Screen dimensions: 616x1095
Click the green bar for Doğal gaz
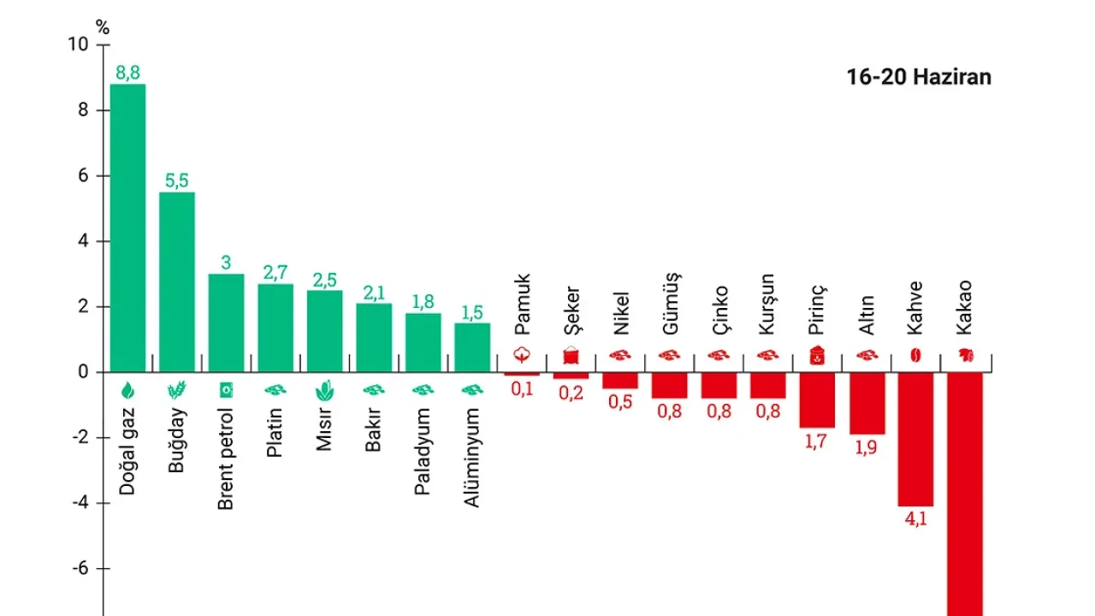[x=127, y=228]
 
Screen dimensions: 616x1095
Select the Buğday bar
[x=177, y=282]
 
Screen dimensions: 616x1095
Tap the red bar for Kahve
[x=915, y=439]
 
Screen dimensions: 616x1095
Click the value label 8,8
[x=127, y=73]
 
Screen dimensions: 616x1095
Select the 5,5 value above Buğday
[x=177, y=181]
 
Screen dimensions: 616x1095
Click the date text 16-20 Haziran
[x=919, y=77]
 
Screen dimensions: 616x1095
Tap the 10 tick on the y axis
[x=78, y=44]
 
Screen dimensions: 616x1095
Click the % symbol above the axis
[x=103, y=27]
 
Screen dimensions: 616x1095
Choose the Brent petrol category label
[x=226, y=458]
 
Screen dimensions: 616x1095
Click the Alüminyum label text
[x=472, y=457]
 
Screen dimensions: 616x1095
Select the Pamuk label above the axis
[x=522, y=305]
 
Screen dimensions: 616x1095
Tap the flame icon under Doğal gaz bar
[x=127, y=391]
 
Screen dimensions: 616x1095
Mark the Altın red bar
[x=867, y=403]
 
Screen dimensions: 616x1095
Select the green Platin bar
[x=275, y=328]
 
